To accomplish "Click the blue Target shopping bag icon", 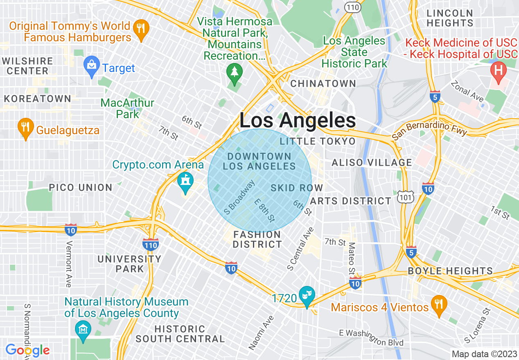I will pos(91,65).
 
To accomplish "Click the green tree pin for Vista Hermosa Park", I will pos(234,73).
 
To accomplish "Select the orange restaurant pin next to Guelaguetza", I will pos(25,127).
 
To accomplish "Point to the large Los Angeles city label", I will pos(298,121).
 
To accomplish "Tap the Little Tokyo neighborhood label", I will pos(318,142).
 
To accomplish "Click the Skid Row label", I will pos(297,188).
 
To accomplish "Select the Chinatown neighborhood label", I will pos(323,83).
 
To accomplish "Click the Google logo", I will pos(27,350).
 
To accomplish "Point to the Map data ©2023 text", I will pos(484,354).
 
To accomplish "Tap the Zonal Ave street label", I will pos(467,91).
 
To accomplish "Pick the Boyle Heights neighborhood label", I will pos(450,271).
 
